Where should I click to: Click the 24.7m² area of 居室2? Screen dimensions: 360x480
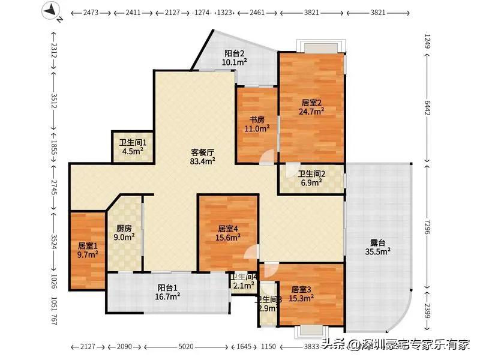(312, 110)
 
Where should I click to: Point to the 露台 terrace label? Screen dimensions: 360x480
(377, 243)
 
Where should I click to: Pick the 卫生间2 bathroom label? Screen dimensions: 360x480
(310, 173)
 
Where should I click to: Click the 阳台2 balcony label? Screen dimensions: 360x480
(233, 53)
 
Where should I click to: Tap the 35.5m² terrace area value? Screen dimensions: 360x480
(379, 252)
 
